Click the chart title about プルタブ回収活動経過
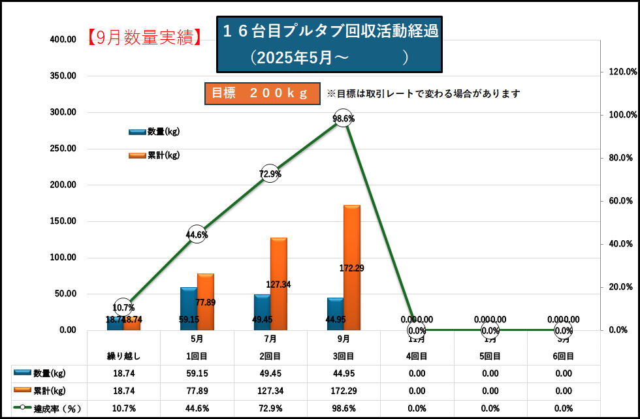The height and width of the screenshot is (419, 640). click(x=329, y=43)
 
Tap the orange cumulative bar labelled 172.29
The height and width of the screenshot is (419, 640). click(x=351, y=268)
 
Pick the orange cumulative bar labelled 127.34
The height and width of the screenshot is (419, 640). click(x=278, y=284)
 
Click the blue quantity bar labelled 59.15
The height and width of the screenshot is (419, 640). click(x=189, y=309)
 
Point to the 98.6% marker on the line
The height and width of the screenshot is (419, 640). click(x=344, y=119)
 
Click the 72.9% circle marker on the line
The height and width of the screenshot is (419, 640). click(x=270, y=174)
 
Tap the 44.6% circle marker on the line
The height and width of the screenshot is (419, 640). click(x=197, y=234)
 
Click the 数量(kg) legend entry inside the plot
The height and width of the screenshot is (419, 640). click(x=155, y=132)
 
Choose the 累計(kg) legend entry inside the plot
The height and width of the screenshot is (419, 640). click(x=155, y=155)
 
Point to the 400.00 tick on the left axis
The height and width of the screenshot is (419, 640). click(x=63, y=40)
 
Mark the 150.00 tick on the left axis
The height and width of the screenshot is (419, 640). click(x=63, y=221)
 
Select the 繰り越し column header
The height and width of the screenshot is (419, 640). click(x=123, y=356)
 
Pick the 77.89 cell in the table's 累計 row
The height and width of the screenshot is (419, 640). click(x=197, y=392)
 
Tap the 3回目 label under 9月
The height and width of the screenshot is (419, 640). click(x=344, y=356)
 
